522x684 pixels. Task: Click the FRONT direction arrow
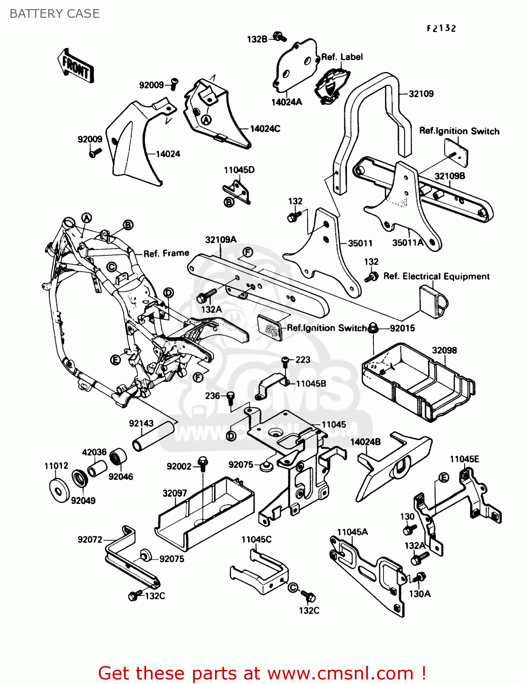[x=76, y=66]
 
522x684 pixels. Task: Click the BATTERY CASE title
[x=55, y=14]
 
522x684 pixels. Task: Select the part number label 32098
[x=444, y=350]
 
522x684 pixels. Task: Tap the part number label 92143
[x=141, y=423]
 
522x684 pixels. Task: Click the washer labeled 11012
[x=59, y=490]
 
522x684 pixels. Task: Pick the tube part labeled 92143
[x=154, y=436]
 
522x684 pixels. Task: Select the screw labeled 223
[x=286, y=362]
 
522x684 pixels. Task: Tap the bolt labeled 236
[x=230, y=397]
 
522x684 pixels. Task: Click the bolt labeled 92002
[x=203, y=464]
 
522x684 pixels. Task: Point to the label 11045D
[x=239, y=170]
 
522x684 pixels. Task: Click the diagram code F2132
[x=441, y=28]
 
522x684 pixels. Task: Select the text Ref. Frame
[x=166, y=254]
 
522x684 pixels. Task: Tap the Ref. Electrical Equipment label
[x=436, y=276]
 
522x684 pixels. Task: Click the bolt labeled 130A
[x=420, y=577]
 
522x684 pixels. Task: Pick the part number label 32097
[x=175, y=493]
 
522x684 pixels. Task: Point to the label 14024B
[x=365, y=442]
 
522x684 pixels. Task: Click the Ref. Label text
[x=342, y=57]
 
